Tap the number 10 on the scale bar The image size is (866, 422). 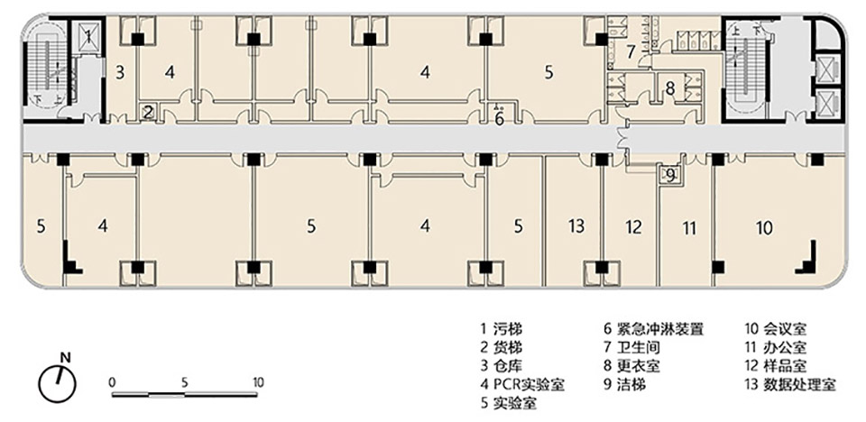tap(258, 381)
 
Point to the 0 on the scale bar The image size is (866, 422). tap(111, 381)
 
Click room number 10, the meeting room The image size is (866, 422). tap(764, 228)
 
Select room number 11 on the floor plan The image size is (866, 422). tap(689, 228)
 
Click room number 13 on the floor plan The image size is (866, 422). tap(576, 225)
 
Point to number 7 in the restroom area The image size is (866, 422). tap(631, 50)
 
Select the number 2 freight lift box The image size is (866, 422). tap(149, 112)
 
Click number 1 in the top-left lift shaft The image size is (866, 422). tap(88, 36)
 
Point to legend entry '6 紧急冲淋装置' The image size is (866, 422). tap(653, 329)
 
